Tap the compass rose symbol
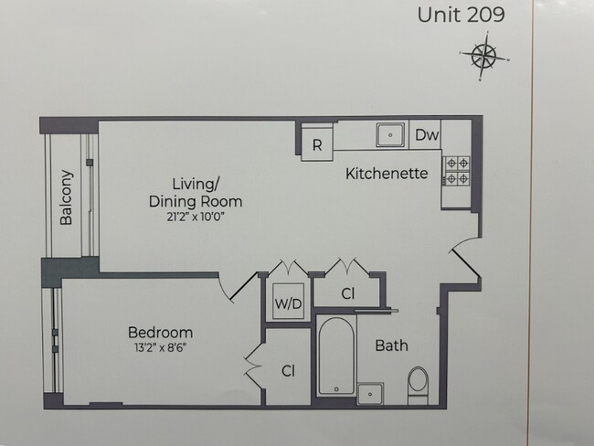pos(483,57)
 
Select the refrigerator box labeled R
pos(316,144)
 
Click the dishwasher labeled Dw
pos(427,135)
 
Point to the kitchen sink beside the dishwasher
pos(391,135)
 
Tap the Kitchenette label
pos(386,173)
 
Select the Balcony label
pos(66,196)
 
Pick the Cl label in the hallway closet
pos(347,294)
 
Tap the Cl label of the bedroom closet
pos(288,370)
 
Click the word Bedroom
pos(159,332)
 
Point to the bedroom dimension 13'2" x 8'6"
pos(159,348)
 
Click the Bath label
pos(391,346)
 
